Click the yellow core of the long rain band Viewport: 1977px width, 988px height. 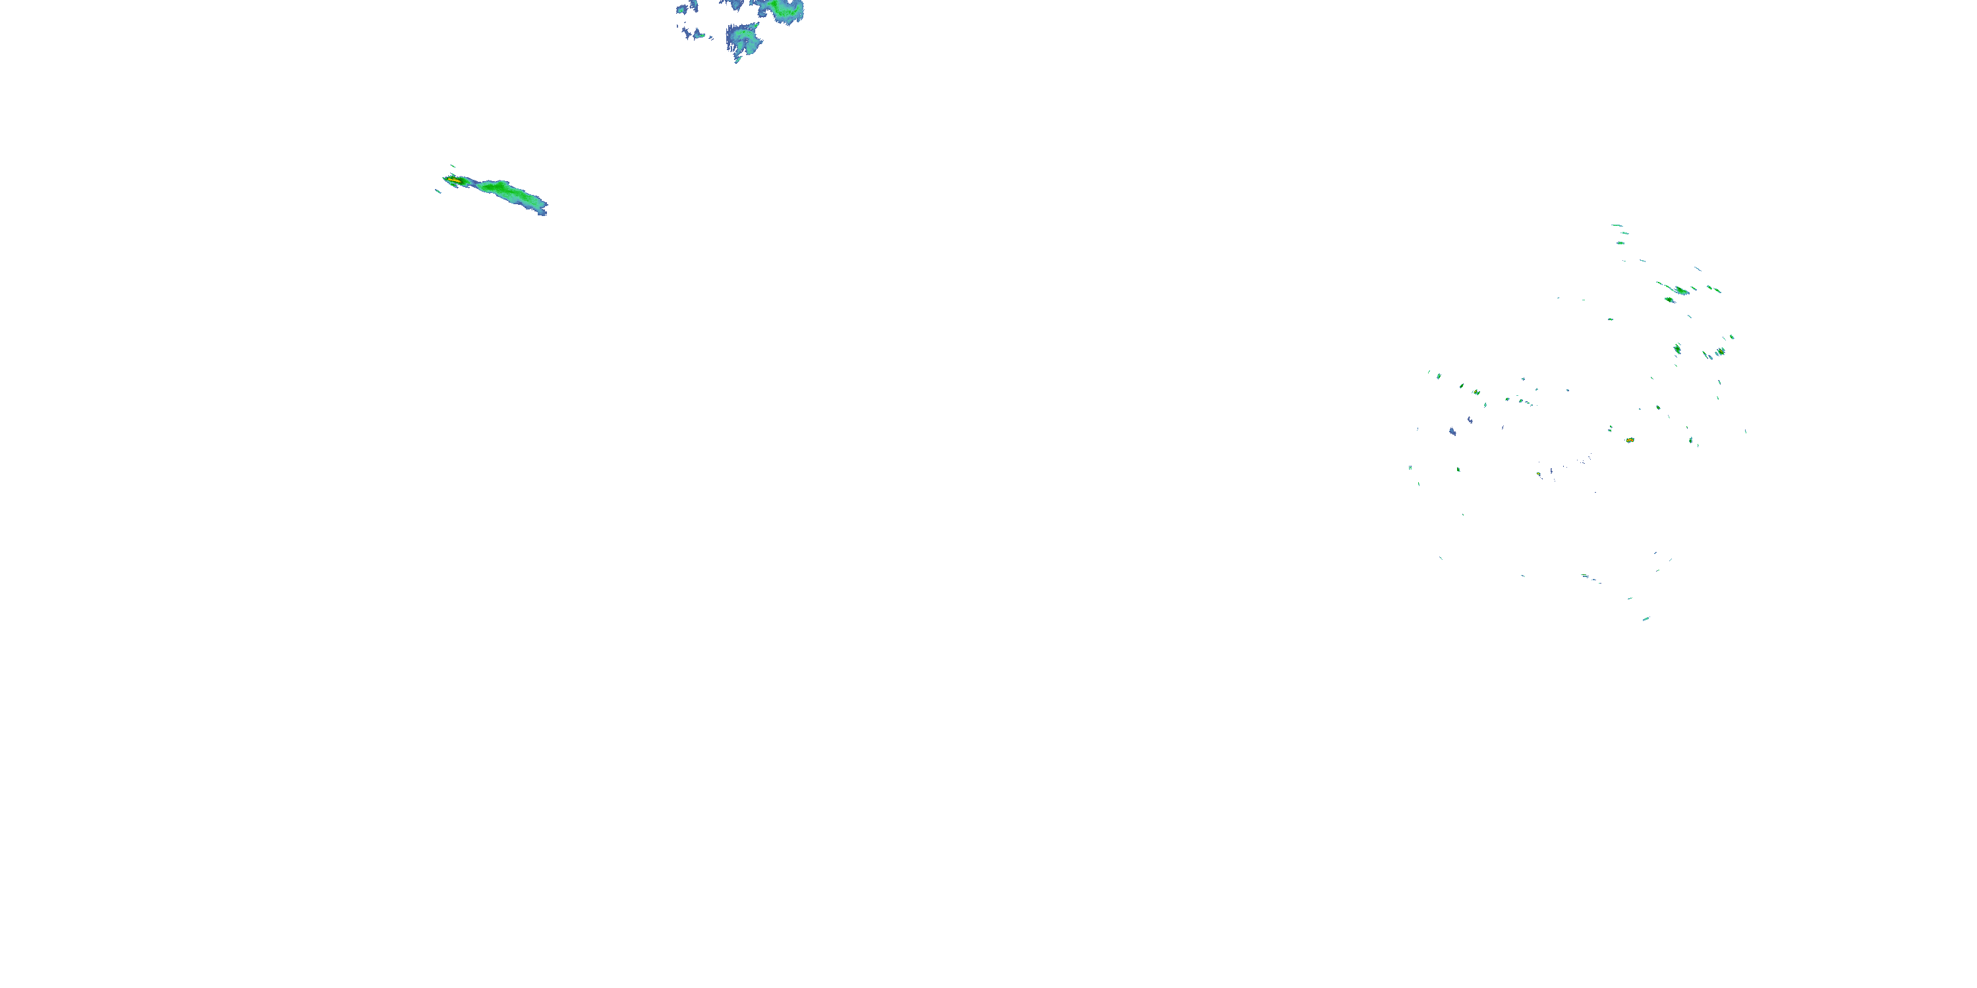coord(453,180)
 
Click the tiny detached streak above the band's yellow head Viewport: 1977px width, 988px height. coord(452,166)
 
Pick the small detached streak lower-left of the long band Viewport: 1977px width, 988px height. coord(438,191)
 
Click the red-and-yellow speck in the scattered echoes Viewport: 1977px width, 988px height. coord(1629,440)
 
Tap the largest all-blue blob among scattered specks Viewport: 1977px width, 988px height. coord(1452,432)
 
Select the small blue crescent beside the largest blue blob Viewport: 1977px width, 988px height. coord(1469,420)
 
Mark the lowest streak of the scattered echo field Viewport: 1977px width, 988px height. coord(1646,618)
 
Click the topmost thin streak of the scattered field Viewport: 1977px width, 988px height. coord(1617,225)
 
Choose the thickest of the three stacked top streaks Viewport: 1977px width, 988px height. coord(1620,243)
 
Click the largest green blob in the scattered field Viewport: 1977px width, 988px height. coord(1680,290)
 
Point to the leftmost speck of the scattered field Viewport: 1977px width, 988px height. coord(1410,467)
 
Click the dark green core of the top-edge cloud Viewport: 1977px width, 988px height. coord(784,9)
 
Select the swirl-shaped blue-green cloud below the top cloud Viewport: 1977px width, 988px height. coord(743,38)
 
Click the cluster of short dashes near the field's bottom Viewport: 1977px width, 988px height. coord(1589,577)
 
